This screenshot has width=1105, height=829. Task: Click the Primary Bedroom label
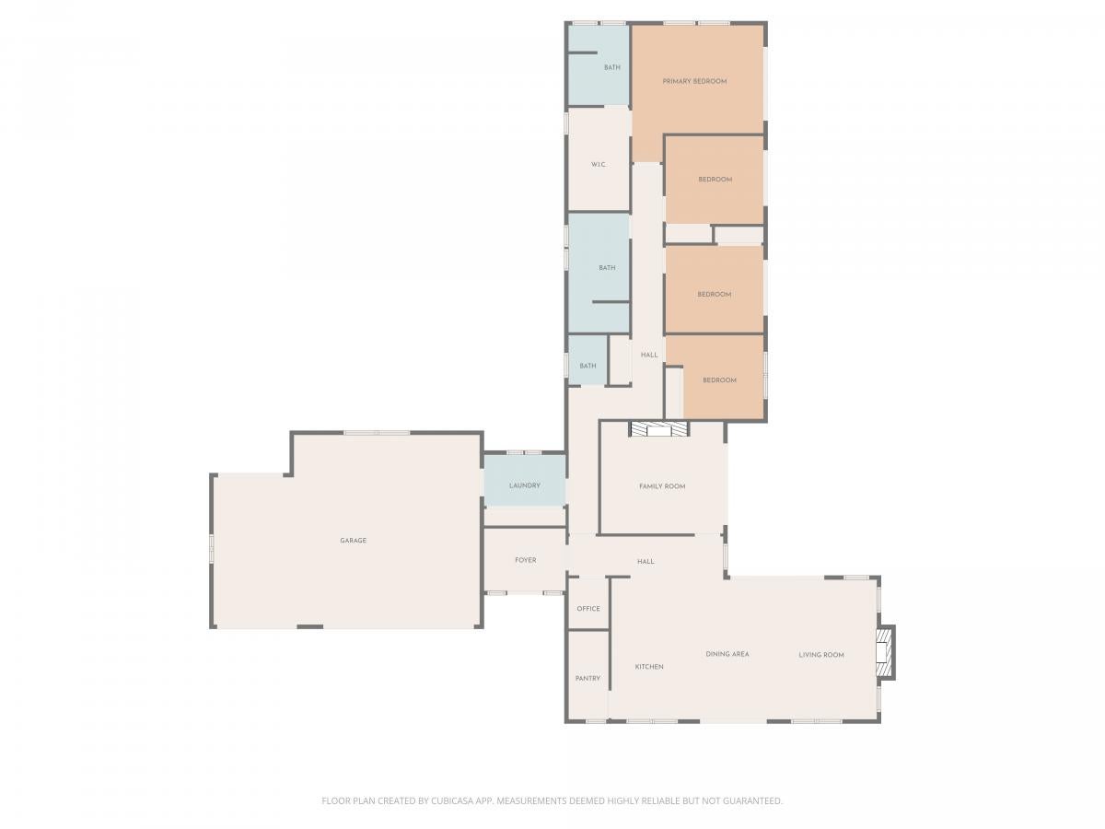(x=689, y=81)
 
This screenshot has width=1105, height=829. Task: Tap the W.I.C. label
(x=594, y=164)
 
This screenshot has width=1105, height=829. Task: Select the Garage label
(x=351, y=537)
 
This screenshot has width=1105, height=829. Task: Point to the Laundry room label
(x=520, y=482)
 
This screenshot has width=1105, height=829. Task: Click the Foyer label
(x=521, y=556)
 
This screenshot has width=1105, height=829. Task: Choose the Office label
(x=584, y=604)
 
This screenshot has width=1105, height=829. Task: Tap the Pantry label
(x=584, y=673)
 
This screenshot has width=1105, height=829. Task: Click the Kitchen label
(x=645, y=662)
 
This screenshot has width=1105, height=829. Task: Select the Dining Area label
(x=722, y=649)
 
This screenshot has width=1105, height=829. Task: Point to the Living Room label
(x=815, y=650)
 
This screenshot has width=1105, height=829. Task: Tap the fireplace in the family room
(x=654, y=426)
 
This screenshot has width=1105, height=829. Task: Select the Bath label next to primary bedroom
(x=607, y=67)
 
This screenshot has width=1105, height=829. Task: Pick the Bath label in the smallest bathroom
(x=584, y=363)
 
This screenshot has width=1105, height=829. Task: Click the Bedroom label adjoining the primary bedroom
(x=710, y=178)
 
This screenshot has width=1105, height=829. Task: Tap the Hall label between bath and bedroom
(x=645, y=353)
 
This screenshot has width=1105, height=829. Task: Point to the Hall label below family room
(x=641, y=557)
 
